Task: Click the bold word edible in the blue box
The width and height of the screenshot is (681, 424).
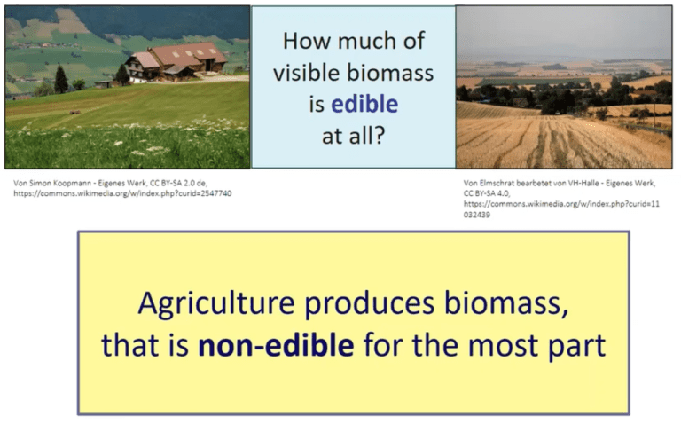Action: tap(364, 105)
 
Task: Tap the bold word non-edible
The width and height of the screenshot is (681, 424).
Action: tap(276, 345)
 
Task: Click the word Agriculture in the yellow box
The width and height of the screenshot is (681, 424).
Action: tap(216, 304)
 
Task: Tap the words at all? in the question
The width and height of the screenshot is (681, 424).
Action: tap(354, 136)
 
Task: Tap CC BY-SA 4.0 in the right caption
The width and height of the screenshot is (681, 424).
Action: tap(487, 193)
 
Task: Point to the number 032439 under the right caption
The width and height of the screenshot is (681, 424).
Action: tap(476, 215)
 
